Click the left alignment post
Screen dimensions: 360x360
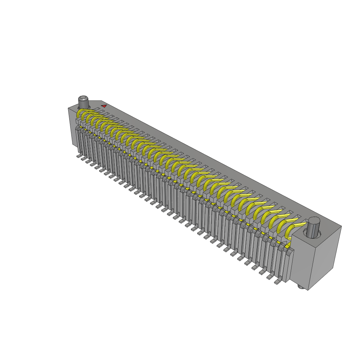tap(83, 102)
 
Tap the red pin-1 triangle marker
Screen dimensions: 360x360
tap(104, 106)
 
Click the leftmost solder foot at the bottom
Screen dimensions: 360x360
tap(79, 156)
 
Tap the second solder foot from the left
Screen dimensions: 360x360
tap(83, 159)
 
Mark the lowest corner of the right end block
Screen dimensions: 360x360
tap(308, 290)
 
